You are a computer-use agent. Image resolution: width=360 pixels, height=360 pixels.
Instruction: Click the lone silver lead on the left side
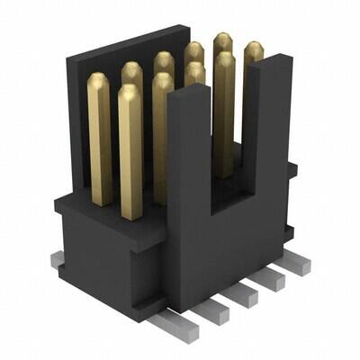(58, 260)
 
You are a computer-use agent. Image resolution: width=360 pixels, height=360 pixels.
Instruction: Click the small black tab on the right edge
(292, 171)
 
